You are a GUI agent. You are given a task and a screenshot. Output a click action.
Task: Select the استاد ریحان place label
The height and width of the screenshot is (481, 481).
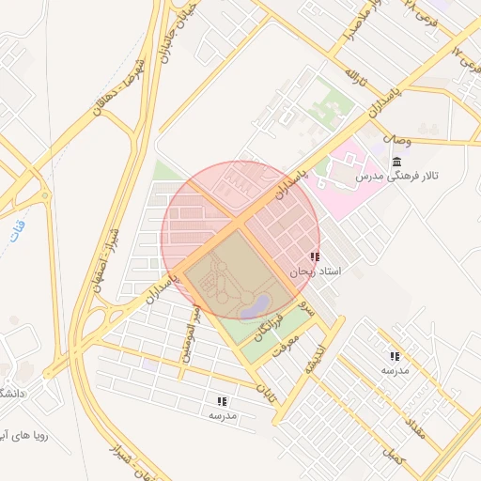pyautogui.click(x=315, y=272)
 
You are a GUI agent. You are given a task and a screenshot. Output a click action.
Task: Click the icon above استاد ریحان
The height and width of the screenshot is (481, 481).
pyautogui.click(x=314, y=256)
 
